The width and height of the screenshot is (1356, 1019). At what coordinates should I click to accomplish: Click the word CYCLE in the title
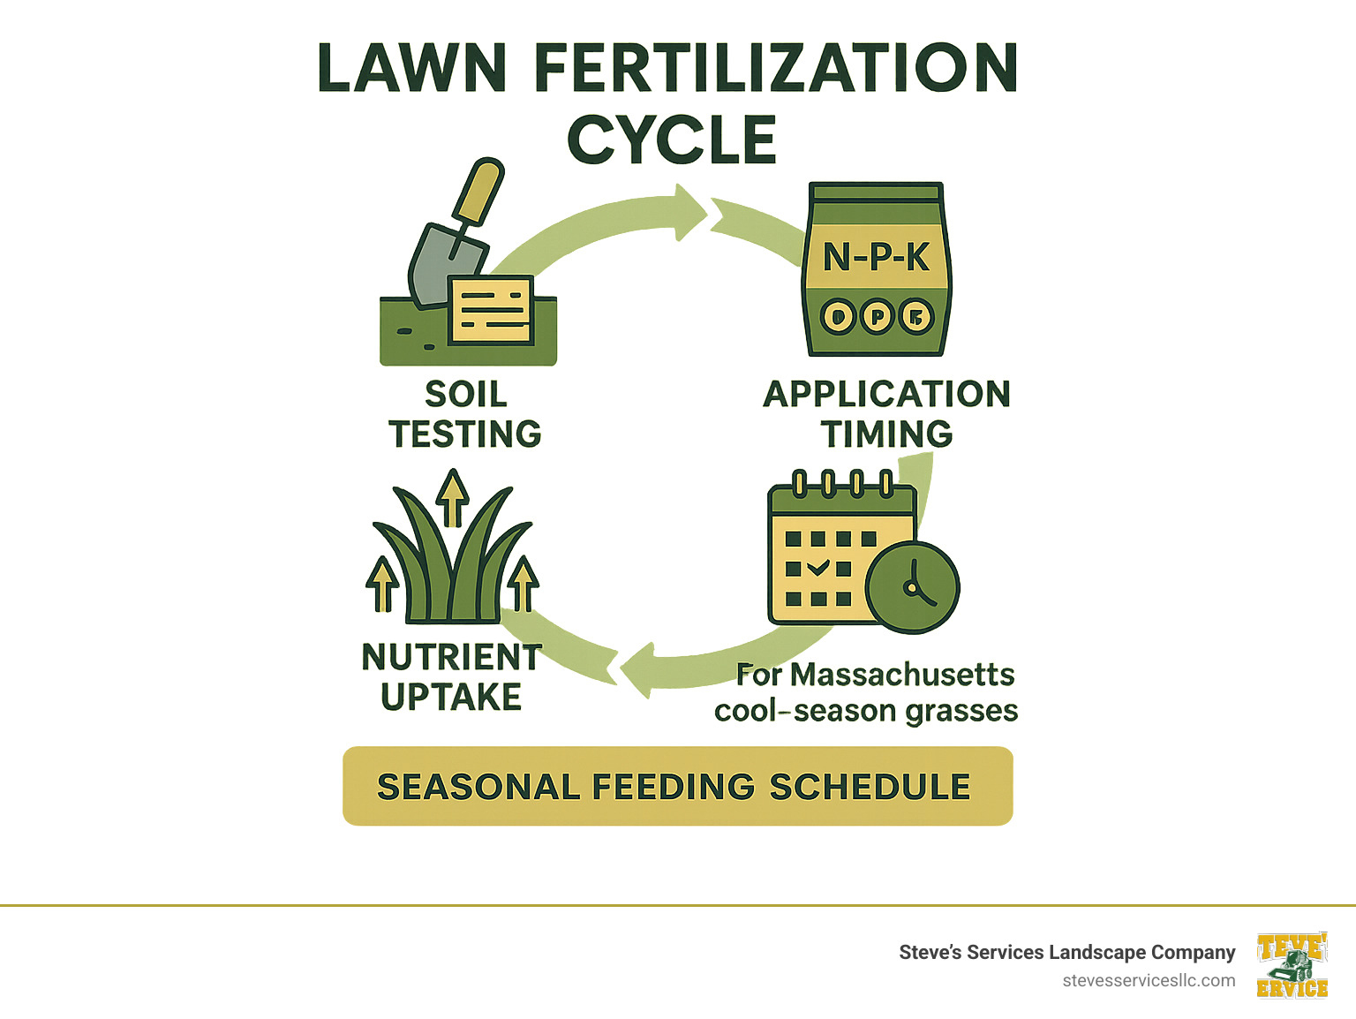(671, 140)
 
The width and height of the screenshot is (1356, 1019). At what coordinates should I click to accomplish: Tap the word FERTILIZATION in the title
(776, 68)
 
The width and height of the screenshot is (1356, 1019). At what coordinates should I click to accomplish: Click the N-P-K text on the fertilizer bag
(876, 257)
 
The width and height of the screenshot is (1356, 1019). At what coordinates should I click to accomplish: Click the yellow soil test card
(491, 310)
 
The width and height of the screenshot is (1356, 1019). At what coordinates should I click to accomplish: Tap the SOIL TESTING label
(465, 413)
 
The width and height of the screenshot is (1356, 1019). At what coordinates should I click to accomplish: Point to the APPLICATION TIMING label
(886, 413)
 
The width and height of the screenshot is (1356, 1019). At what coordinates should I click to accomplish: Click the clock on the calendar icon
(912, 586)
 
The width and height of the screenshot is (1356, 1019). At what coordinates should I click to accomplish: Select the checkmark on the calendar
(818, 568)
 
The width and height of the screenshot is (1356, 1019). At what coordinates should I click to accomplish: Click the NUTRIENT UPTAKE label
(451, 676)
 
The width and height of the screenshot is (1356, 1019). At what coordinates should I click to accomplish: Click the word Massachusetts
(902, 675)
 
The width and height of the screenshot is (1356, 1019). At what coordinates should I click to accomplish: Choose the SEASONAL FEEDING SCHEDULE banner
(677, 786)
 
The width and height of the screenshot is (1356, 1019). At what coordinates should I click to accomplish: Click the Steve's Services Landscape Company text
(1066, 952)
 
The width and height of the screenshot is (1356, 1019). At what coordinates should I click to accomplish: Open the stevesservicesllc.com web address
(1149, 980)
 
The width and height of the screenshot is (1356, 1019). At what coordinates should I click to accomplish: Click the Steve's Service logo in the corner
(1292, 965)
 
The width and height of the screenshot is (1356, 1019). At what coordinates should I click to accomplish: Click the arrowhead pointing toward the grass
(637, 670)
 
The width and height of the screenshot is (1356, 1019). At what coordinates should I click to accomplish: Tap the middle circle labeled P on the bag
(877, 316)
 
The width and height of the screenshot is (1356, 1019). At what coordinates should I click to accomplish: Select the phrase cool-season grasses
(866, 711)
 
